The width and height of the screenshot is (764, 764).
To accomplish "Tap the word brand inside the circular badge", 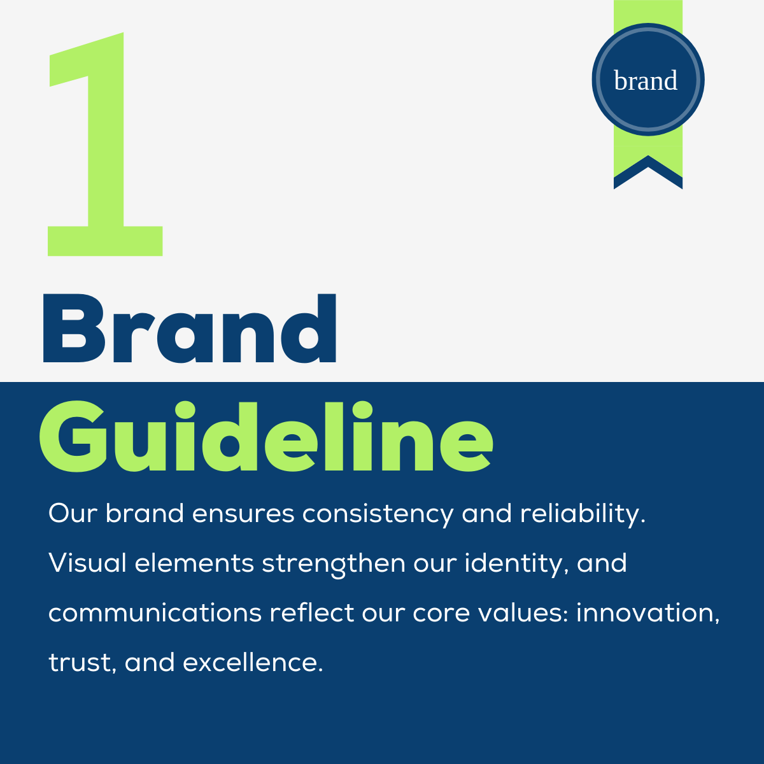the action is click(x=646, y=80).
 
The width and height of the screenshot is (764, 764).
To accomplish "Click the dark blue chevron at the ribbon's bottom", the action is click(x=648, y=173).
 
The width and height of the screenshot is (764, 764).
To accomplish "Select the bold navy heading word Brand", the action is click(x=190, y=329).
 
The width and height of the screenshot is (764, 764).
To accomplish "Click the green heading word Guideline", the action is click(x=266, y=436).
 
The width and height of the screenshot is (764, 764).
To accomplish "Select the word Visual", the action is click(x=87, y=563).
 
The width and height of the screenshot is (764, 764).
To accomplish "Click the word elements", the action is click(x=194, y=563).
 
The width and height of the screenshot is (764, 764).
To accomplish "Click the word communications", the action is click(x=155, y=613).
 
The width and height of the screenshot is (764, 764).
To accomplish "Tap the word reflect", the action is click(x=312, y=612).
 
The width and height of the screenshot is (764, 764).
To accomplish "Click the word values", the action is click(x=523, y=612).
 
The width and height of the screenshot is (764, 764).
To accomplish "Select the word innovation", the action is click(x=648, y=613).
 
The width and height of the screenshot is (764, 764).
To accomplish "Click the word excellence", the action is click(x=253, y=662).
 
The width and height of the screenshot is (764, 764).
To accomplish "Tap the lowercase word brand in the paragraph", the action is click(x=145, y=513).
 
